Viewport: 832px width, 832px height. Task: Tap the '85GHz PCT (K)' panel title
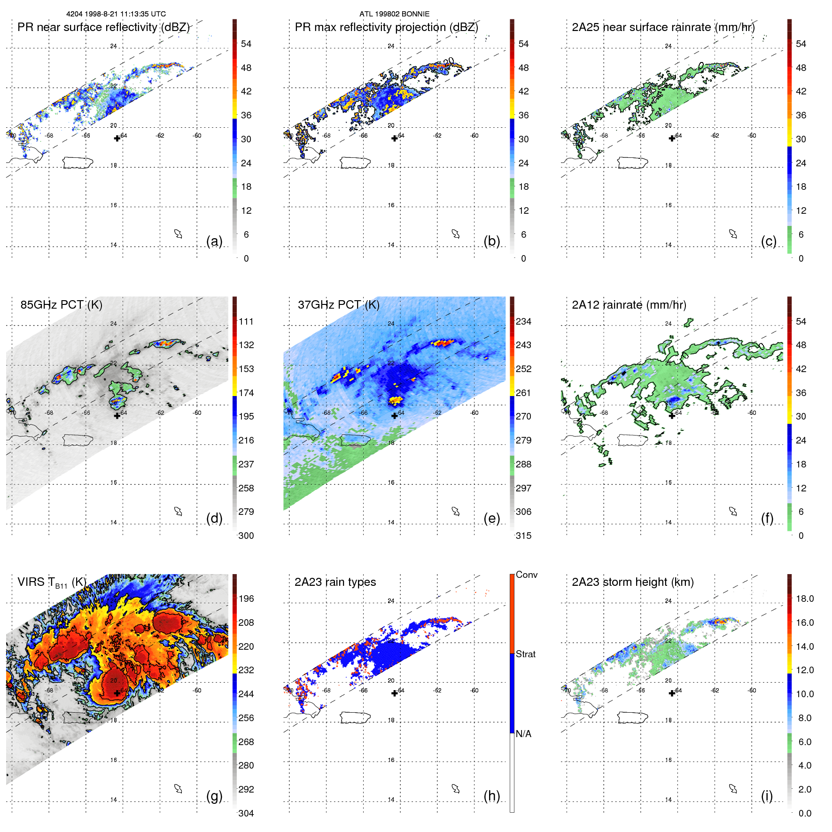point(61,304)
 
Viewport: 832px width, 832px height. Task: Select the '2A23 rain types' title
point(335,582)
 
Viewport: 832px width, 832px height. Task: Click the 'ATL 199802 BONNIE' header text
point(394,14)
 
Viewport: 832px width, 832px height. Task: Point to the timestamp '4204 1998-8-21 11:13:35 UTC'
point(116,14)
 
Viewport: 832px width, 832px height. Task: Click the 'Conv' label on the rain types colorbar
point(526,575)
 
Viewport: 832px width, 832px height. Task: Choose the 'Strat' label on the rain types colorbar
point(525,654)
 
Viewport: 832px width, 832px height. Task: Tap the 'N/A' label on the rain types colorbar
point(523,734)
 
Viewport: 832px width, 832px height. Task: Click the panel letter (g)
point(214,796)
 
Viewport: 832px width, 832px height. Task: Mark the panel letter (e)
point(491,518)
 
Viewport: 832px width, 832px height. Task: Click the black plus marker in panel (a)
point(117,138)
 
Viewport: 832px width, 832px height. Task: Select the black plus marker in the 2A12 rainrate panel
point(672,416)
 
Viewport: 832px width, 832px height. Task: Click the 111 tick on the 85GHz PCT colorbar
point(246,321)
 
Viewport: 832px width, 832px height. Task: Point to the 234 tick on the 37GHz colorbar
point(523,321)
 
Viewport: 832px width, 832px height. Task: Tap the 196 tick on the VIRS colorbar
point(246,599)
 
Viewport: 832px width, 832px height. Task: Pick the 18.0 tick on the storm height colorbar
point(804,599)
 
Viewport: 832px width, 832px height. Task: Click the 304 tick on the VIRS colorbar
point(246,813)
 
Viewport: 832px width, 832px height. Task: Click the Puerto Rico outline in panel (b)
point(355,163)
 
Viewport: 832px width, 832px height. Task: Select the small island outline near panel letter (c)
point(733,233)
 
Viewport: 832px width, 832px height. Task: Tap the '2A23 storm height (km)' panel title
point(632,582)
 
